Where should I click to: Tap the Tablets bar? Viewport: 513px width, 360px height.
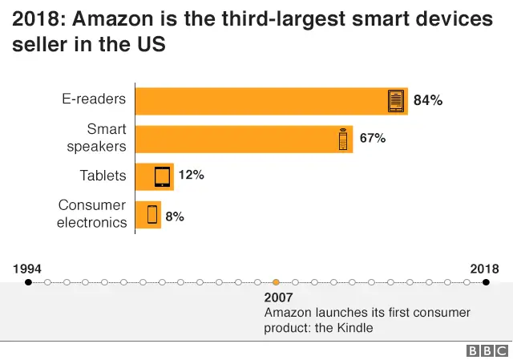[154, 176]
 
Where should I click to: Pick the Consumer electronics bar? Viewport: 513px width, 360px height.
[147, 214]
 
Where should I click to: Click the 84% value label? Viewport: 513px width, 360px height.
[428, 101]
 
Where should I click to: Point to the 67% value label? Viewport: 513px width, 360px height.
[373, 139]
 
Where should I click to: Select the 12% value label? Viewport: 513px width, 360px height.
[191, 175]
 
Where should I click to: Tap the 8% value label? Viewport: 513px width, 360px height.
[175, 215]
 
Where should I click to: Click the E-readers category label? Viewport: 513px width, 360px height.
[95, 99]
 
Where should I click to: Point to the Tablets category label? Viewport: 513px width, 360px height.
[103, 176]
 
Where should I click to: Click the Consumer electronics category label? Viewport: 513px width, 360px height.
[91, 214]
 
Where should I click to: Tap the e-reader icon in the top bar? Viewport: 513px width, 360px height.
[396, 101]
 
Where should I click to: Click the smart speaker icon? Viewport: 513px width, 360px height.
[343, 139]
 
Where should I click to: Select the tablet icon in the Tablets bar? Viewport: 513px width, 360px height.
[163, 176]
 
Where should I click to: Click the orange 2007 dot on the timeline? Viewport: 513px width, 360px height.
[276, 282]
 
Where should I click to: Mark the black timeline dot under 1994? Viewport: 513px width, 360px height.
[28, 282]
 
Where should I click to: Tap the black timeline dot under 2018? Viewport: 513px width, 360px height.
[485, 282]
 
